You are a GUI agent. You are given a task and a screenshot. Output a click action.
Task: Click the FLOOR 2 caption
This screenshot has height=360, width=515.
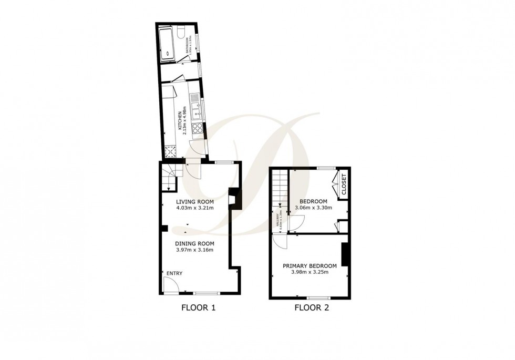[x=312, y=308]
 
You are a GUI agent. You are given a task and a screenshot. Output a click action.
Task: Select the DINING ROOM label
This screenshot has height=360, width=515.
[x=194, y=243]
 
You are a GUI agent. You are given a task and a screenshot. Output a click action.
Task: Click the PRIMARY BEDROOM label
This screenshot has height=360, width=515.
[x=310, y=266]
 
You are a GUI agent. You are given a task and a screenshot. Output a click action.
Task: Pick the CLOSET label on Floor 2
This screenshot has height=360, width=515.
[x=344, y=186]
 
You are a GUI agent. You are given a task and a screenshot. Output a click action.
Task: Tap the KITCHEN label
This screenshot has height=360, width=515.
[x=180, y=121]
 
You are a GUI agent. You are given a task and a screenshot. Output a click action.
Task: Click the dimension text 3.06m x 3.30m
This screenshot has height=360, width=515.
[x=313, y=208]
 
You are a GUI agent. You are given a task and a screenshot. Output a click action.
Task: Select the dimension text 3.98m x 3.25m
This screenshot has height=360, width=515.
[x=310, y=272]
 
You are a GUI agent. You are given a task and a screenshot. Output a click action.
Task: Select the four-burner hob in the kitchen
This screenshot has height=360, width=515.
[x=198, y=128]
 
